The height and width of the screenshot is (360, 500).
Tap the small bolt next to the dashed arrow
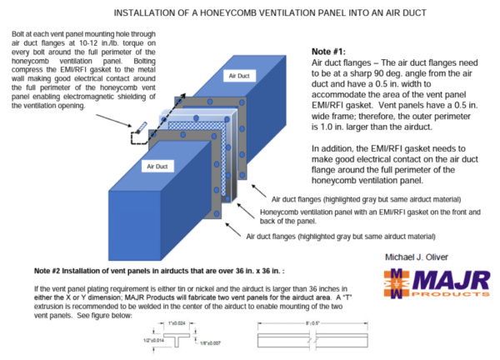(x=140, y=127)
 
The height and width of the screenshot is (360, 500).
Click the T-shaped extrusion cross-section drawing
(x=177, y=333)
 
